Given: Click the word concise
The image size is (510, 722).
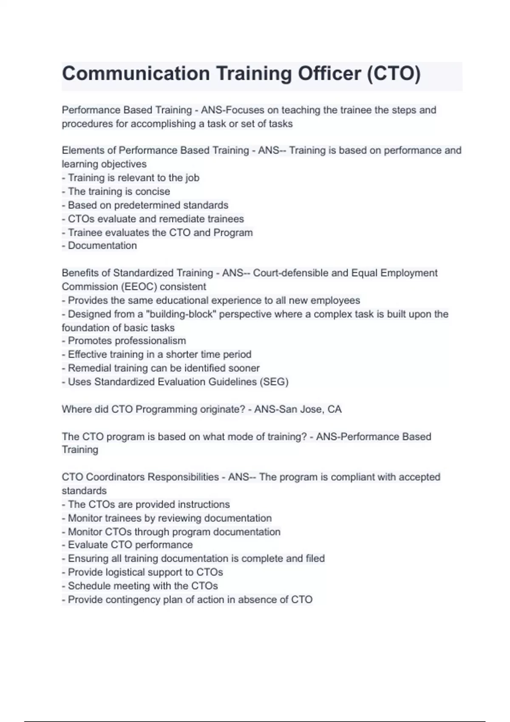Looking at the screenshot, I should [x=153, y=192].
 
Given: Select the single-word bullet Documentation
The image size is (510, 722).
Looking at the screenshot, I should [x=102, y=245].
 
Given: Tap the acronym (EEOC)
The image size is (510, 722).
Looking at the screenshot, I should [x=139, y=287].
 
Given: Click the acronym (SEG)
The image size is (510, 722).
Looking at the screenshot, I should [x=274, y=382].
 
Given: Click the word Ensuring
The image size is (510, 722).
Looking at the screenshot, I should [x=88, y=558].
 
